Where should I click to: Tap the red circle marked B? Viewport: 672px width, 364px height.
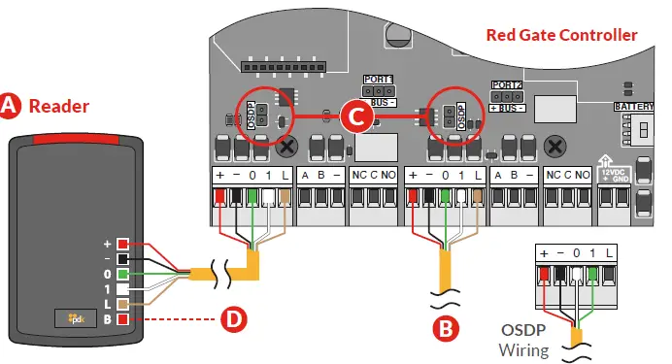[x=444, y=328]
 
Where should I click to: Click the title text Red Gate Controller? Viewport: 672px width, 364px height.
[x=561, y=36]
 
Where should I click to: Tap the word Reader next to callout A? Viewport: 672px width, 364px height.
[x=58, y=107]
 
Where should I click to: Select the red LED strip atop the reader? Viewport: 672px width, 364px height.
[x=79, y=143]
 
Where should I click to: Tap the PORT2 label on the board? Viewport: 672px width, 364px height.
[x=507, y=84]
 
